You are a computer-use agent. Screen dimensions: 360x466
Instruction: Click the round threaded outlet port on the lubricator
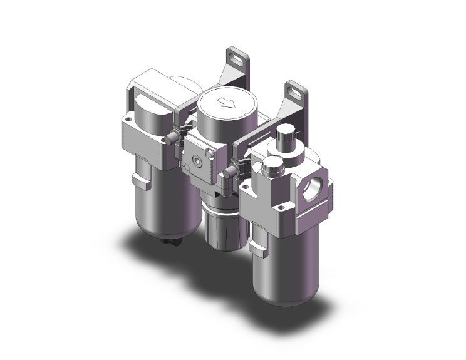click(313, 188)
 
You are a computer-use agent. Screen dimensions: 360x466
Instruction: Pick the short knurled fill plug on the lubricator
click(272, 165)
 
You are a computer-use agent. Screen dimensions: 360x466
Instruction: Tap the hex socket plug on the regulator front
click(199, 162)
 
